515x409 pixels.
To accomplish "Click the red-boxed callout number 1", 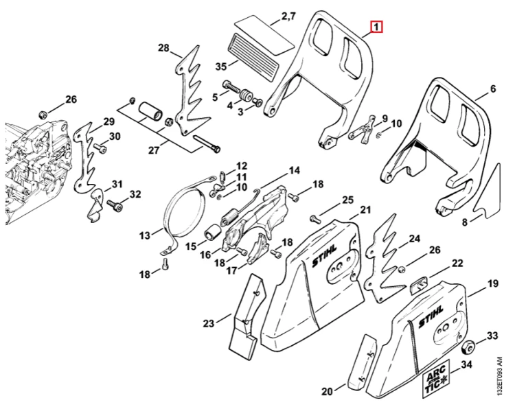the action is (x=376, y=27).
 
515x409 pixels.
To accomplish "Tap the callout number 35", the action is (x=221, y=67).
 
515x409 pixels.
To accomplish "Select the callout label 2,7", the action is (x=288, y=16).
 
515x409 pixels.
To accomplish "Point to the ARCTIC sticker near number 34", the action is (x=436, y=377).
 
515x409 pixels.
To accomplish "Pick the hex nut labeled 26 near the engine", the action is (x=42, y=115).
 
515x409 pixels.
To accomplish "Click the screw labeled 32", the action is (x=116, y=206).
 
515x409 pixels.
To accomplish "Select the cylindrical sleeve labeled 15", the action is (x=212, y=232).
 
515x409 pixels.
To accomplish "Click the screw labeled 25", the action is (x=314, y=218).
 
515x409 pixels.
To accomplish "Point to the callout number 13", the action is (x=144, y=235).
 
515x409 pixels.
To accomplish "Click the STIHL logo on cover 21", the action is (x=324, y=255).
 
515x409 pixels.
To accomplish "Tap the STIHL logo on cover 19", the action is (x=431, y=316).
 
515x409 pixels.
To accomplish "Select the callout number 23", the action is (x=209, y=323).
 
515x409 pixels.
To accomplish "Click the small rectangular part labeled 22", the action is (x=418, y=284).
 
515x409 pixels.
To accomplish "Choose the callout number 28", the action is (x=163, y=48).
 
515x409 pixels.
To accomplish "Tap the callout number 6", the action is (x=493, y=89).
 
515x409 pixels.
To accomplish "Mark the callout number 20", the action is (x=327, y=391).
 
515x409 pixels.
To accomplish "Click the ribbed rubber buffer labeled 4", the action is (x=246, y=95).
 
